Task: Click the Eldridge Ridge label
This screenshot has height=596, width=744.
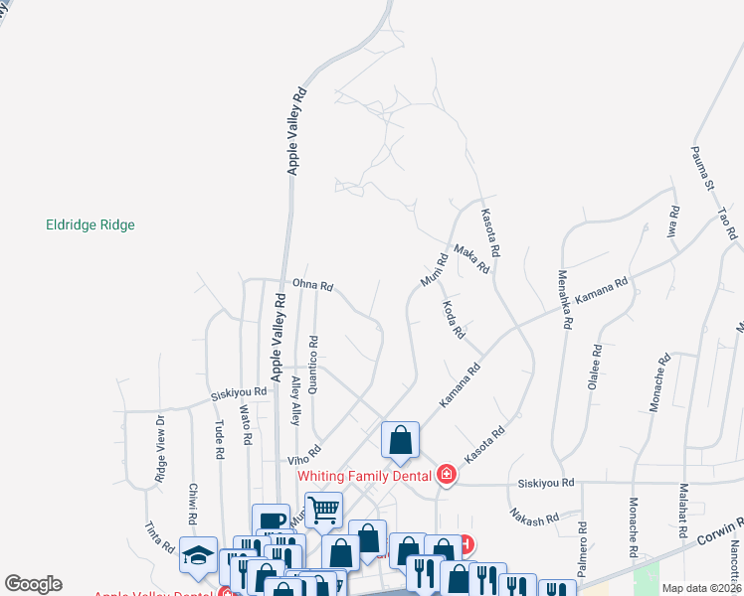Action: click(91, 225)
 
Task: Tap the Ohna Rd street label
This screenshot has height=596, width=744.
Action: click(312, 284)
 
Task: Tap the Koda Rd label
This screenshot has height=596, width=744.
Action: click(454, 320)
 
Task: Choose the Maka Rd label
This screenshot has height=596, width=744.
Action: click(471, 259)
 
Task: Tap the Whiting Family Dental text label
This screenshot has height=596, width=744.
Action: click(365, 476)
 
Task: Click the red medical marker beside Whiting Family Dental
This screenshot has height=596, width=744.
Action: click(447, 475)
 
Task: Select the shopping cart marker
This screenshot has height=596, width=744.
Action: click(323, 511)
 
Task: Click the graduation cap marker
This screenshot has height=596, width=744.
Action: click(198, 554)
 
